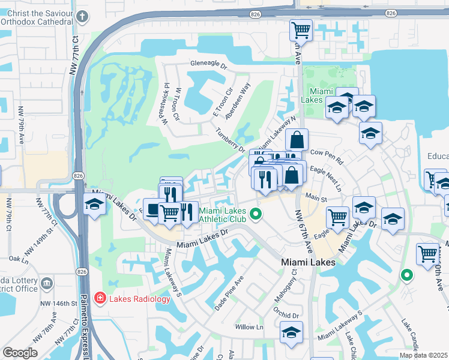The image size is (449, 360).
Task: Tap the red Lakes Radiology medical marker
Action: [100, 298]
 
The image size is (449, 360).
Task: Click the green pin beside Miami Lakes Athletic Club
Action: [256, 214]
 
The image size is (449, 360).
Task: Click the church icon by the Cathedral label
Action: [83, 18]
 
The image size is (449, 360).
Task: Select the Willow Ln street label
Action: [249, 327]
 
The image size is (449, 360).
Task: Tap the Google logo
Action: [20, 353]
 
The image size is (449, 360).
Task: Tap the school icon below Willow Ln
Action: [291, 333]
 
